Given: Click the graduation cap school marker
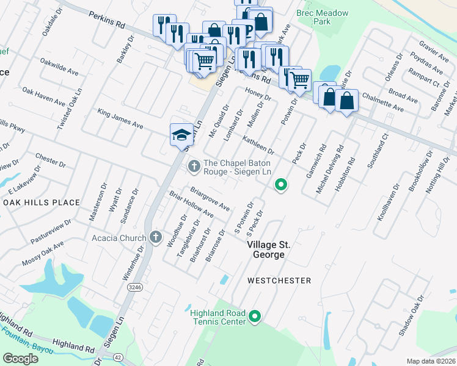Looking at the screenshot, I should pyautogui.click(x=181, y=134).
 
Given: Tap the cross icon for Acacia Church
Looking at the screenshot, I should pyautogui.click(x=156, y=237).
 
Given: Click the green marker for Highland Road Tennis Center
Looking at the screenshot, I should pyautogui.click(x=255, y=316).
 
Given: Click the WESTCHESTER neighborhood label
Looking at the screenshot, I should pyautogui.click(x=279, y=281).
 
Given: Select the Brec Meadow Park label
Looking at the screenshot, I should pyautogui.click(x=322, y=17).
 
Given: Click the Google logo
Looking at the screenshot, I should pyautogui.click(x=20, y=358).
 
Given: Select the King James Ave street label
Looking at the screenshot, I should pyautogui.click(x=120, y=119).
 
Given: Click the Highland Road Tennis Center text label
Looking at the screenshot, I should pyautogui.click(x=218, y=317).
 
